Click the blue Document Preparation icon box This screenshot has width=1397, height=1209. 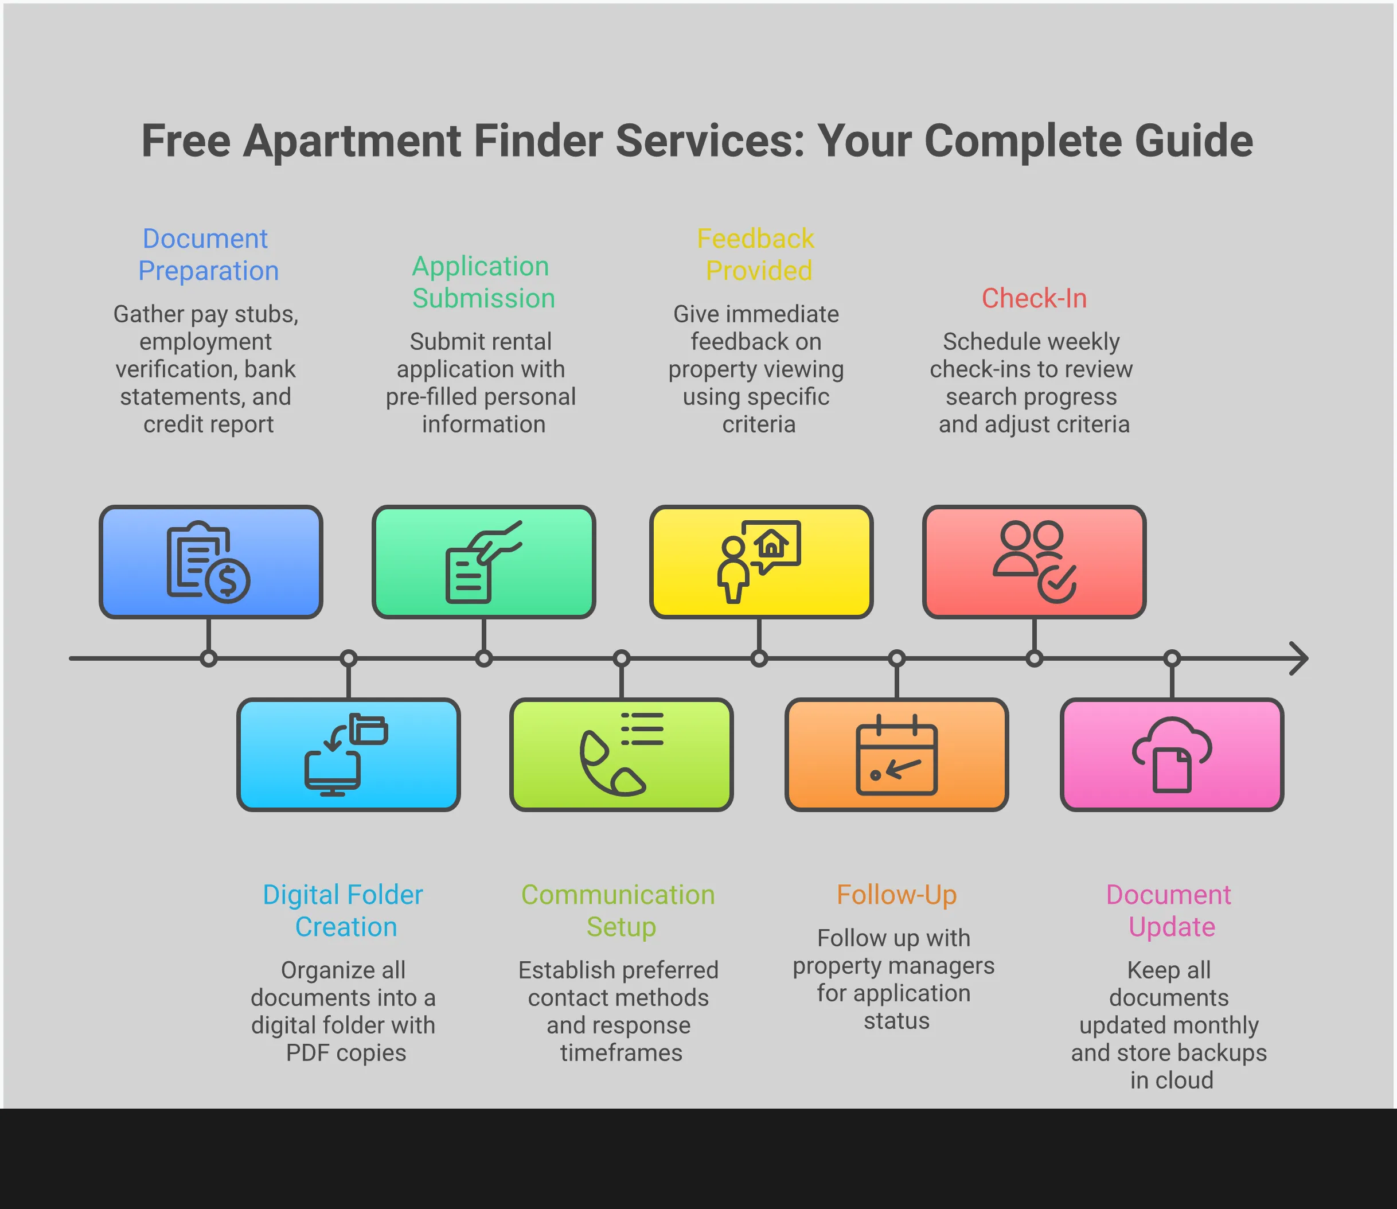click(x=210, y=561)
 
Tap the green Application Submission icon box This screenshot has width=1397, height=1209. click(x=483, y=561)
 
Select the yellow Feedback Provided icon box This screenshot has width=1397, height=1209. click(x=761, y=561)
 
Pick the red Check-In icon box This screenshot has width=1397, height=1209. click(x=1033, y=561)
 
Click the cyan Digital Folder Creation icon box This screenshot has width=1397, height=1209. click(x=348, y=754)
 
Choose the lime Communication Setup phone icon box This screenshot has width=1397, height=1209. click(x=621, y=754)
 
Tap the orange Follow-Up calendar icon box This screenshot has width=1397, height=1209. click(x=896, y=754)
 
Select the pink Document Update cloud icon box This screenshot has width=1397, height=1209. click(x=1172, y=754)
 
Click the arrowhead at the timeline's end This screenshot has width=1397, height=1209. click(x=1299, y=658)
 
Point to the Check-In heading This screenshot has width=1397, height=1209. click(x=1033, y=298)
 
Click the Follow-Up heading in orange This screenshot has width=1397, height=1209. click(x=896, y=895)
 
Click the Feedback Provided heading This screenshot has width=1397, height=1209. click(x=757, y=254)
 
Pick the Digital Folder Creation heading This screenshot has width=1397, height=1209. click(x=344, y=910)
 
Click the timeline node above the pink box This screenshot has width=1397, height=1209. click(x=1172, y=658)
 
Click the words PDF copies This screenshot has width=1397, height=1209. click(x=346, y=1052)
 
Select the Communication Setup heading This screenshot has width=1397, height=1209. click(x=619, y=910)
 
